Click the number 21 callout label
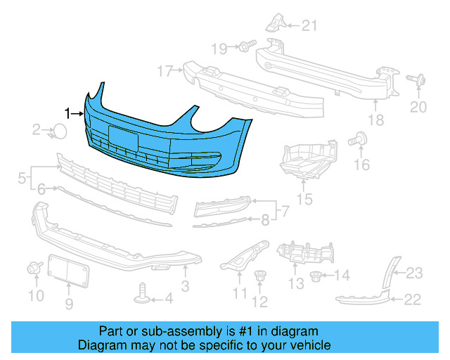click(x=310, y=27)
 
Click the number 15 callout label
click(x=304, y=200)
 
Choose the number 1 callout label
click(x=68, y=112)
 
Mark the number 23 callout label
click(x=414, y=273)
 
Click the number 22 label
click(x=412, y=300)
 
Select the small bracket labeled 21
click(x=274, y=25)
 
